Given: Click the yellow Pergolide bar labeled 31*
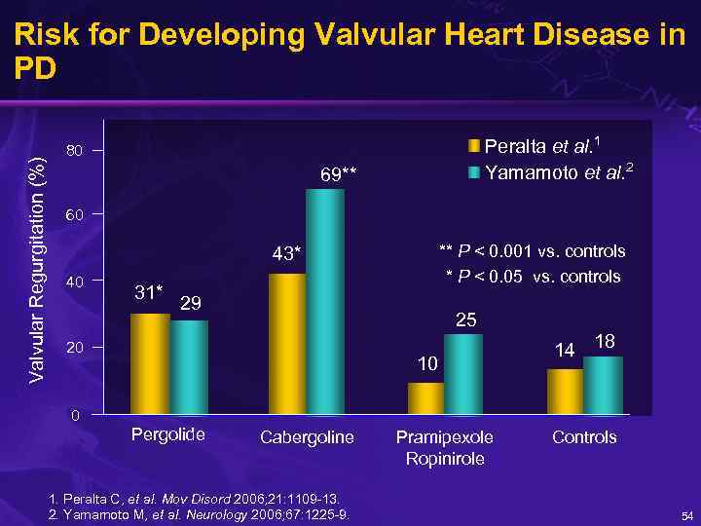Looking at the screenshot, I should coord(150,362).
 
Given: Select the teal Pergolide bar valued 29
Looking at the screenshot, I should coord(189,366).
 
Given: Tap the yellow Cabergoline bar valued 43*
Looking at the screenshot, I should coord(287,343).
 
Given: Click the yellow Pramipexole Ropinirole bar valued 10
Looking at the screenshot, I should coord(425,397).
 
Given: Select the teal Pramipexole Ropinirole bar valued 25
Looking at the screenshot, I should coord(463,373).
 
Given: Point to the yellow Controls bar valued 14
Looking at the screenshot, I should coord(565,391).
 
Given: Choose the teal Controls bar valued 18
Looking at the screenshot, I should coord(603,385).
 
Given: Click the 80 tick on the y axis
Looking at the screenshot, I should coord(74,151).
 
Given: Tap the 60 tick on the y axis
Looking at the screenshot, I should coord(74,215).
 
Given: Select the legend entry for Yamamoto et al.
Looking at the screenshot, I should coord(558,174).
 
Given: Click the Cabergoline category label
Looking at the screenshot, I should coord(307,437).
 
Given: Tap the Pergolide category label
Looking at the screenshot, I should coord(168,434).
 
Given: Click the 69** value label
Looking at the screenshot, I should coord(340,175).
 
